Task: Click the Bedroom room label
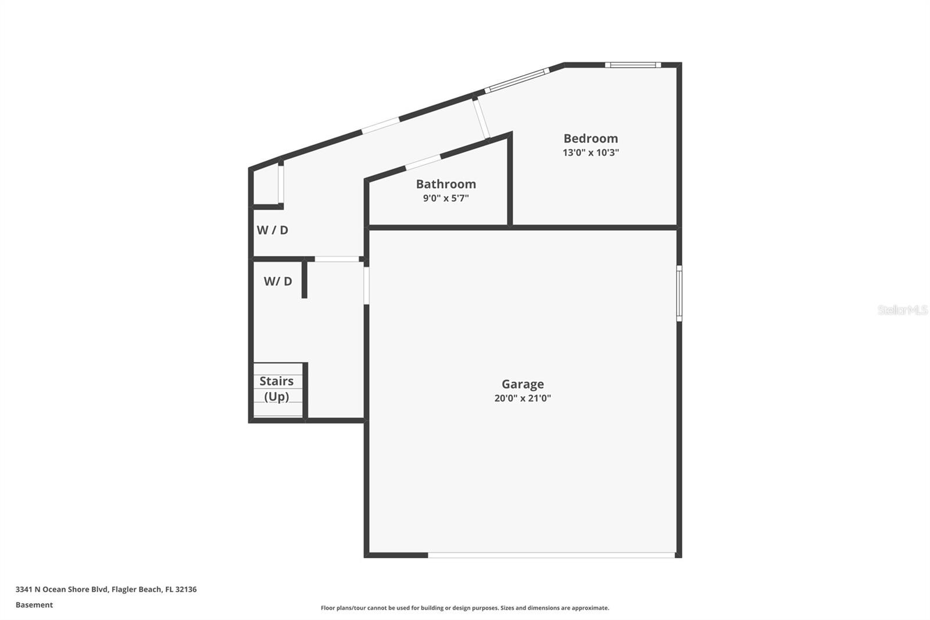(591, 138)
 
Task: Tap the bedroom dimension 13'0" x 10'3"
(591, 153)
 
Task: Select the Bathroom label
(446, 184)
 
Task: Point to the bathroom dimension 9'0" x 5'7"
(446, 198)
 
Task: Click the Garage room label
(523, 384)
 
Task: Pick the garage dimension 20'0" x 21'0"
(523, 398)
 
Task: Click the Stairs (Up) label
(277, 389)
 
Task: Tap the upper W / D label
(273, 230)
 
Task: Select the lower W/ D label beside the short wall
(278, 282)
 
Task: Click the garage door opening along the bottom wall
(551, 555)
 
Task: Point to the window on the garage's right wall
(679, 293)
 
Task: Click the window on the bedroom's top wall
(632, 65)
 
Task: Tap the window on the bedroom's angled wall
(517, 81)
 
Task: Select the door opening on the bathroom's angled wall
(423, 162)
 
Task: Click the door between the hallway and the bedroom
(481, 120)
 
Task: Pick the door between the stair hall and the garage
(366, 285)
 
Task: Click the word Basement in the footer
(34, 605)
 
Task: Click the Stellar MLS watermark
(902, 310)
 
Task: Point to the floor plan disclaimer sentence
(465, 608)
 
